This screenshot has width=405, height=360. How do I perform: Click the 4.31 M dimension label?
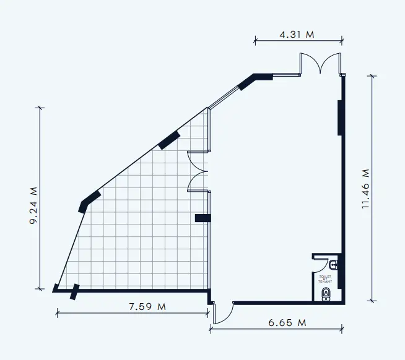click(297, 35)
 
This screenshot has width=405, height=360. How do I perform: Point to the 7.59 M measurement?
click(147, 306)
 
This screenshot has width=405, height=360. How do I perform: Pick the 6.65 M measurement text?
click(287, 323)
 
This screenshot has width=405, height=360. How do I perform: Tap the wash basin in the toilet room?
click(334, 265)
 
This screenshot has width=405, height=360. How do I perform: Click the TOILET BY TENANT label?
click(326, 279)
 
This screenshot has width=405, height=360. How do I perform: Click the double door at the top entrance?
click(320, 64)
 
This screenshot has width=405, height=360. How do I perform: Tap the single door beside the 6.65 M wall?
click(222, 313)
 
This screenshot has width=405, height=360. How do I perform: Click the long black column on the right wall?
click(340, 118)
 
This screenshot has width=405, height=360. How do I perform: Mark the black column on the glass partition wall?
click(203, 218)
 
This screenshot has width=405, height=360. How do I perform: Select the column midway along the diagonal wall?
click(169, 140)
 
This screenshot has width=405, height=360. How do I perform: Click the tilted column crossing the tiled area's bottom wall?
click(75, 291)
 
